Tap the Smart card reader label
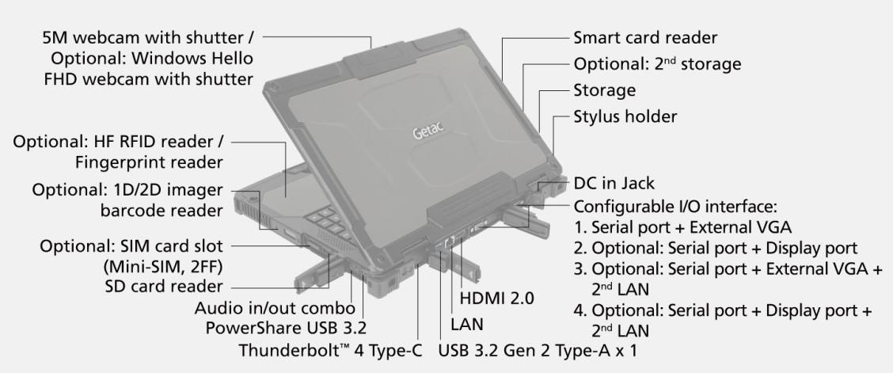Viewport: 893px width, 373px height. pyautogui.click(x=645, y=37)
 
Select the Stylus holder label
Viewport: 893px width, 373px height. pyautogui.click(x=625, y=116)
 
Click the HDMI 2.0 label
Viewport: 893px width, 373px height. pyautogui.click(x=497, y=297)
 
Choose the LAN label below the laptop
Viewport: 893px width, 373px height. pyautogui.click(x=467, y=325)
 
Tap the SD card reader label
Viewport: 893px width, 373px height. pyautogui.click(x=164, y=285)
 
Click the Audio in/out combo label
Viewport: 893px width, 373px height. pyautogui.click(x=275, y=309)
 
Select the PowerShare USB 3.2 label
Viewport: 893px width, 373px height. pyautogui.click(x=286, y=329)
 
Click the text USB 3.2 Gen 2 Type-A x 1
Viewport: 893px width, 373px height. pyautogui.click(x=538, y=350)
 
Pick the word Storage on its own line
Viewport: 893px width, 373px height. pyautogui.click(x=604, y=90)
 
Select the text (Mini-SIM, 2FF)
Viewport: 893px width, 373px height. pyautogui.click(x=163, y=266)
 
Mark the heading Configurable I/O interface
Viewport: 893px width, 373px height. pyautogui.click(x=675, y=206)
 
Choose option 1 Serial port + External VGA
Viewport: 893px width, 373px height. pyautogui.click(x=682, y=228)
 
